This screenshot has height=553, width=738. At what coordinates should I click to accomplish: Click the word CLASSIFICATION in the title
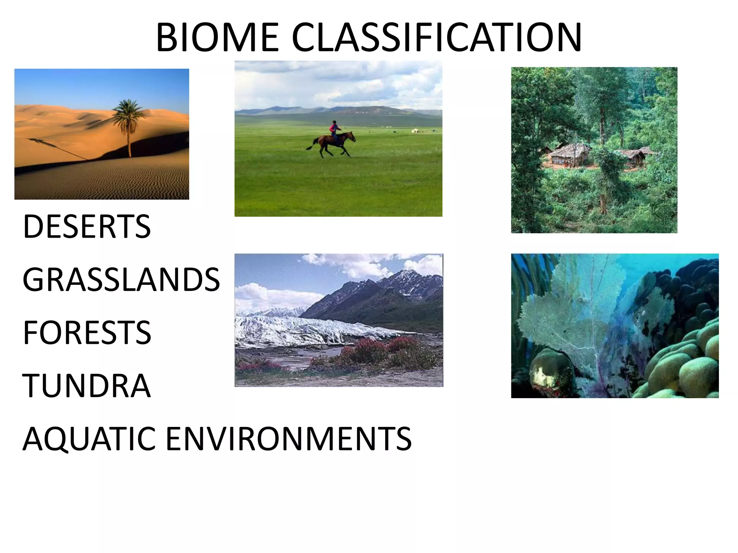point(436,37)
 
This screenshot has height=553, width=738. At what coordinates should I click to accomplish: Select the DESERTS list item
point(87,226)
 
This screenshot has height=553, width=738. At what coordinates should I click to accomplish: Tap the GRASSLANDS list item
point(121,280)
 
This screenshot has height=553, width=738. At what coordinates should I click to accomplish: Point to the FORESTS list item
point(87,333)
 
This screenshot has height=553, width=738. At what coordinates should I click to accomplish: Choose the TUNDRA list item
point(86,386)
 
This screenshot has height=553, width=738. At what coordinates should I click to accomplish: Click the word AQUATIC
point(89,439)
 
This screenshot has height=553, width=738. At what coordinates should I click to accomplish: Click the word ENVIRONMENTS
point(288,439)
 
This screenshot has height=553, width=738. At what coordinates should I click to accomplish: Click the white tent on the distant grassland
point(416,130)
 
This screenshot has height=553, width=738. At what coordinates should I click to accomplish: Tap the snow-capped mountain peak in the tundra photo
point(411,275)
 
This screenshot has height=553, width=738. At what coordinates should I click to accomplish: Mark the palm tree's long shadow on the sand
point(58,148)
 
